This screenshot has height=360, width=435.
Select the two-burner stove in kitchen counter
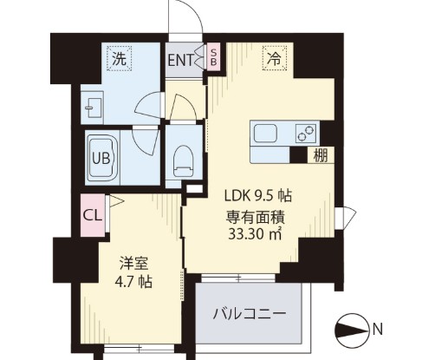coord(306,134)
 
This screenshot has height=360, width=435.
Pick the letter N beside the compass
coord(379,329)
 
